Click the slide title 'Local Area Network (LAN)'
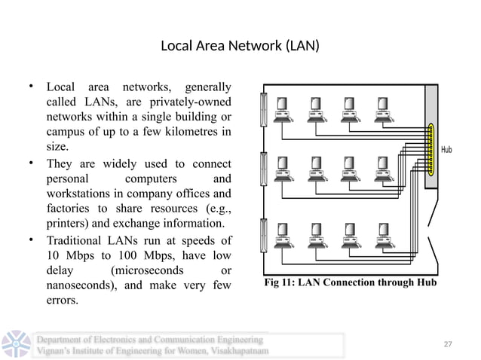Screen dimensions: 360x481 point(240,47)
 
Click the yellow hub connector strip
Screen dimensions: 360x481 point(431,148)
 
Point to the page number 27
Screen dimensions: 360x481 point(447,344)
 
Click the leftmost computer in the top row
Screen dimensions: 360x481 point(287,109)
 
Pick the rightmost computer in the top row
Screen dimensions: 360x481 point(384,109)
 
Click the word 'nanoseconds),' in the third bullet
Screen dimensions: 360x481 point(83,285)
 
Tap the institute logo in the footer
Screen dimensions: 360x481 point(16,344)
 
